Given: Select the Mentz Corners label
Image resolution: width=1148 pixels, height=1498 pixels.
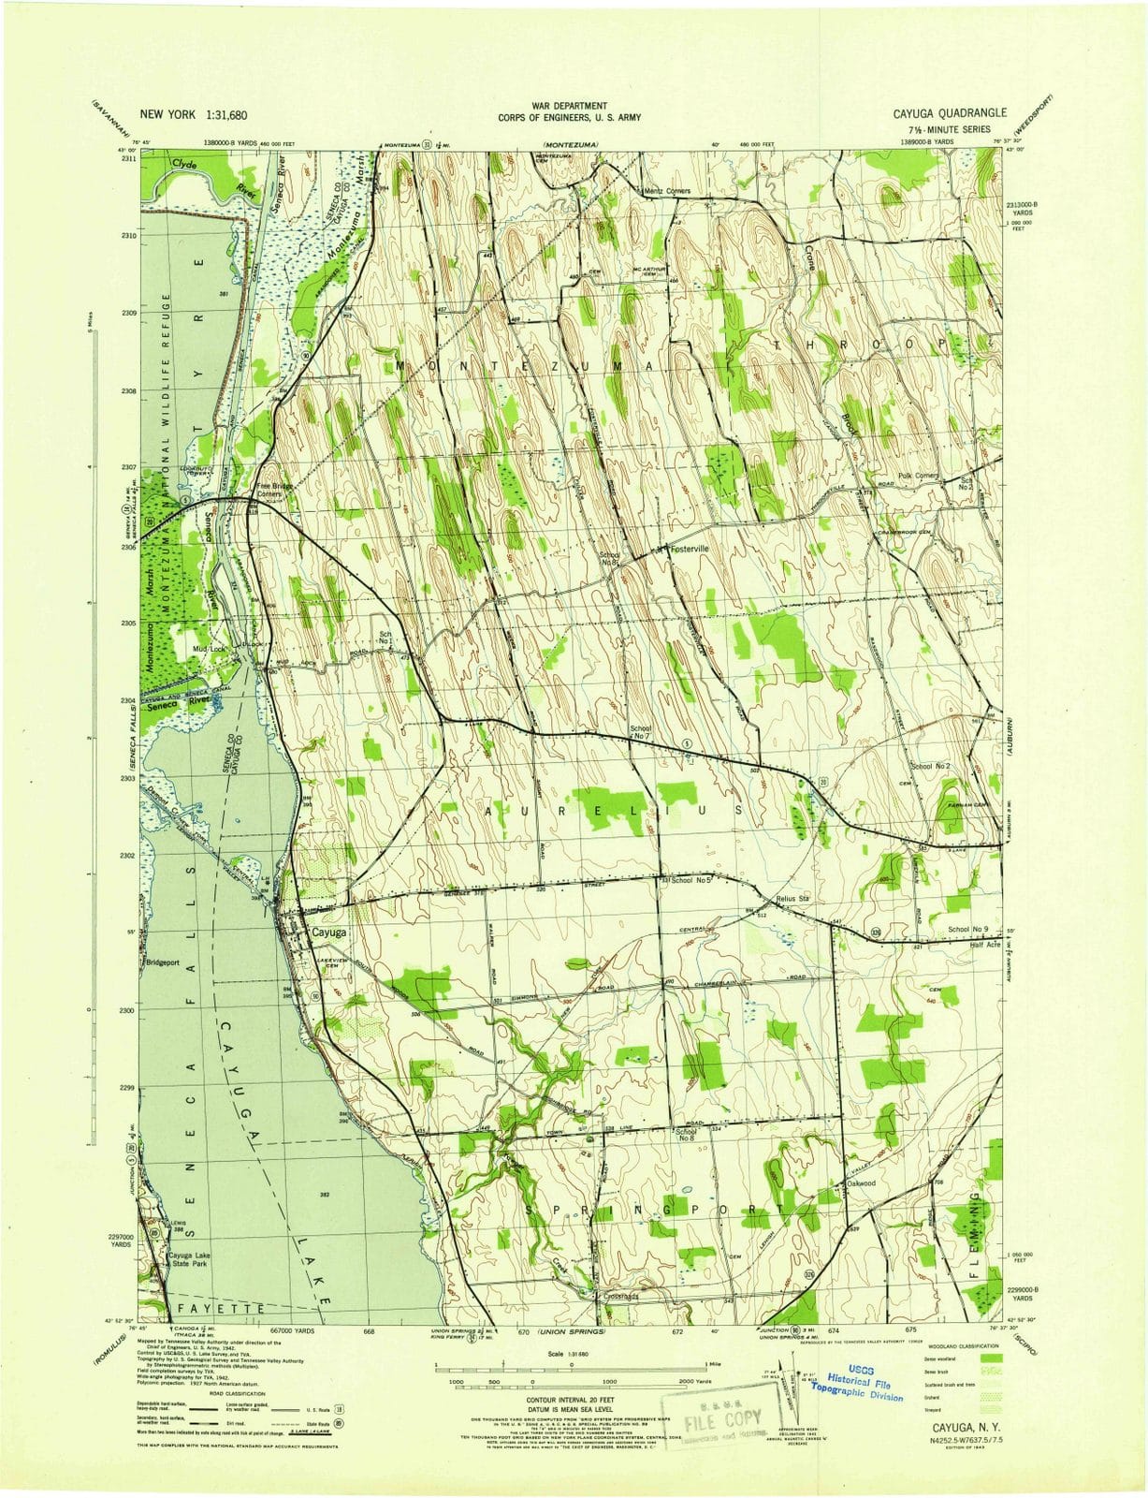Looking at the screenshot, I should point(668,191).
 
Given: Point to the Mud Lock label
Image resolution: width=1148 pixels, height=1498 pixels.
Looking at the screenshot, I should point(210,648).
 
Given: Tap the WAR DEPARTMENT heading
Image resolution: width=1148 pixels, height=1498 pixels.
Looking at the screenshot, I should point(569,106).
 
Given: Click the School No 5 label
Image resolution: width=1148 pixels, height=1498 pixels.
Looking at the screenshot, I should point(692,880).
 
